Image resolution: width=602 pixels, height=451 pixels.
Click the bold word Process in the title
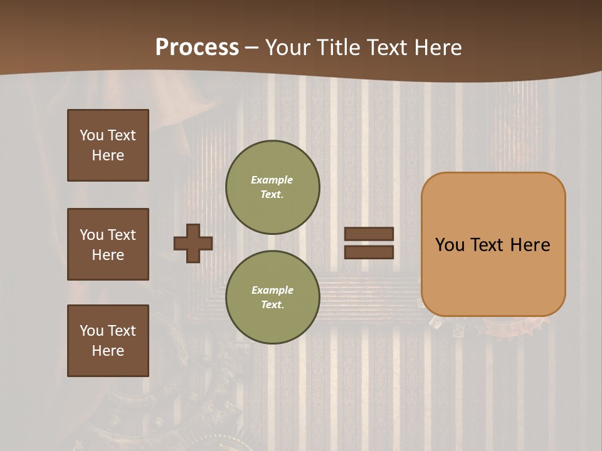(197, 48)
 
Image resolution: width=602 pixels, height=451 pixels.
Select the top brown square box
(108, 145)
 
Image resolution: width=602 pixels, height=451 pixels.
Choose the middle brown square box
(108, 244)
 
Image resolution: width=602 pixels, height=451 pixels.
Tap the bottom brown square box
(108, 341)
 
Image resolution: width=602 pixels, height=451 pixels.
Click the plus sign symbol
(193, 243)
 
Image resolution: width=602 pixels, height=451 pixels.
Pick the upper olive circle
(272, 187)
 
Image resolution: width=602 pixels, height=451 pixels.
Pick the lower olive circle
(272, 297)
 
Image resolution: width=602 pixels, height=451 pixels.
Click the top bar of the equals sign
(369, 234)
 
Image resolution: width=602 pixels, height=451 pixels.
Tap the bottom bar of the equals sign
(369, 252)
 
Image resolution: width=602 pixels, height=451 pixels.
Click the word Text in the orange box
(489, 245)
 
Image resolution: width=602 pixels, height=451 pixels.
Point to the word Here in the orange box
(530, 245)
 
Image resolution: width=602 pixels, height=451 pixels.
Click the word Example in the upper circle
(272, 180)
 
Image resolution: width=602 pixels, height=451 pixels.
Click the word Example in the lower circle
(272, 290)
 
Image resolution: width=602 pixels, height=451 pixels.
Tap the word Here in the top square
(108, 156)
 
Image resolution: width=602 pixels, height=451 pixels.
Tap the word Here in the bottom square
(108, 351)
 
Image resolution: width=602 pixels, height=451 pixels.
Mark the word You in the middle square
(91, 235)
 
